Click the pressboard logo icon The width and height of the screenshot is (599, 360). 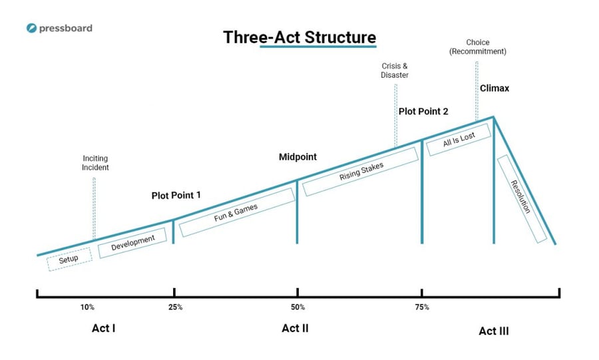[31, 28]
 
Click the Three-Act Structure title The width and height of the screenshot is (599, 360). [299, 37]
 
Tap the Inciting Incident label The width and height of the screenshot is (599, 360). [95, 163]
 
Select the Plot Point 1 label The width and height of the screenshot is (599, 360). [176, 196]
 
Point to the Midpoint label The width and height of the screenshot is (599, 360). [298, 157]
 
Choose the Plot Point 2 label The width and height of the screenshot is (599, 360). [423, 112]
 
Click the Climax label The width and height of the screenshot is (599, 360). [495, 89]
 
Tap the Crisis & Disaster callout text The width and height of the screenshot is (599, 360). [395, 71]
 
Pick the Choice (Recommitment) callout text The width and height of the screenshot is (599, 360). [477, 47]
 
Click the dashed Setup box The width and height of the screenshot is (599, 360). [69, 260]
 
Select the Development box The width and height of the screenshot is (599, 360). [132, 243]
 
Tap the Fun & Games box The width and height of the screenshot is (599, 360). [237, 212]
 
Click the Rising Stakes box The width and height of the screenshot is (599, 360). [361, 172]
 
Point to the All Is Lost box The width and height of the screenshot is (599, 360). [459, 140]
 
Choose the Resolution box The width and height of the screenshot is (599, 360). [522, 199]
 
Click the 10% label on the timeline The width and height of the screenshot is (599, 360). [87, 307]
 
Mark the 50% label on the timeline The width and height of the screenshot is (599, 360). [298, 307]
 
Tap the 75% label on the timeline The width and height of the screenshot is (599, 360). [422, 307]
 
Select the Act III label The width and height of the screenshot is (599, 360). [494, 331]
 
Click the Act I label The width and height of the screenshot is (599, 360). [104, 328]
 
